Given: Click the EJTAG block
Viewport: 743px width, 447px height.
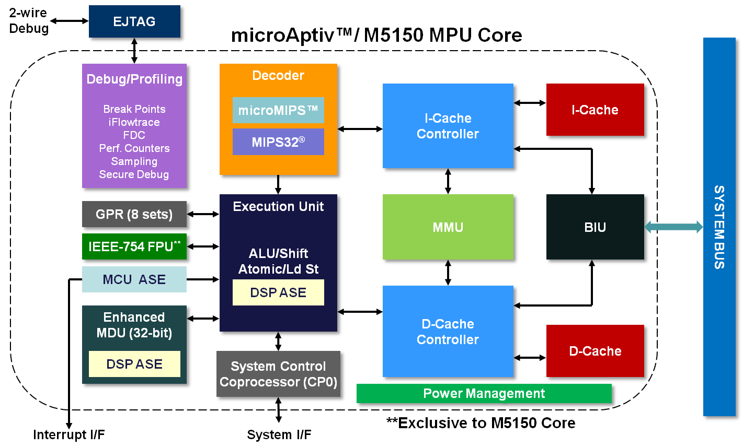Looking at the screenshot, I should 134,22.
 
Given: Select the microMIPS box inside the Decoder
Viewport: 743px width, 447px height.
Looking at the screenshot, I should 278,110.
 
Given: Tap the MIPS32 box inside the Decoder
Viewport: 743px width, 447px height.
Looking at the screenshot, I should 278,142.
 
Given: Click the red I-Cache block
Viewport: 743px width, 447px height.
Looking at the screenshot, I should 595,110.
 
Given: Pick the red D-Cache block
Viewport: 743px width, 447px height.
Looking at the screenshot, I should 595,351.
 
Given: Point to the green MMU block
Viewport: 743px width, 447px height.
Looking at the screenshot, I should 448,227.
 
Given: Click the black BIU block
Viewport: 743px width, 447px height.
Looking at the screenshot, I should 595,227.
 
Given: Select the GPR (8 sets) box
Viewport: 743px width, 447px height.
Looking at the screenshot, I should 134,215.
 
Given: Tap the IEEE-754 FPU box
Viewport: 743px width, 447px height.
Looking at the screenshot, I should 134,247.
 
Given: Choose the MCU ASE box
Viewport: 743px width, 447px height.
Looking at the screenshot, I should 134,279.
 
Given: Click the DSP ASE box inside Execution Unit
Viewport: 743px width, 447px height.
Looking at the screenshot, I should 278,292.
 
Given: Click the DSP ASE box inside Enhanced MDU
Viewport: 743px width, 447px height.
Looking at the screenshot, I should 134,364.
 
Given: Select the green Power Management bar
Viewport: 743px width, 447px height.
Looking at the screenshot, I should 484,394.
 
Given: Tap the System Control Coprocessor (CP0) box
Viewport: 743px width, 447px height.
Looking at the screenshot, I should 278,374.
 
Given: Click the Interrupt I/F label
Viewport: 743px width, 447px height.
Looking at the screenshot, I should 68,434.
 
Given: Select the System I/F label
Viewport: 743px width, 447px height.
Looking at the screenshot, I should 279,434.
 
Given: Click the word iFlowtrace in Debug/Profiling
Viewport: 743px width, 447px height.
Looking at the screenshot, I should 134,122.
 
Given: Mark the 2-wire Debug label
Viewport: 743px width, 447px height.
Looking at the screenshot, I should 28,21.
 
